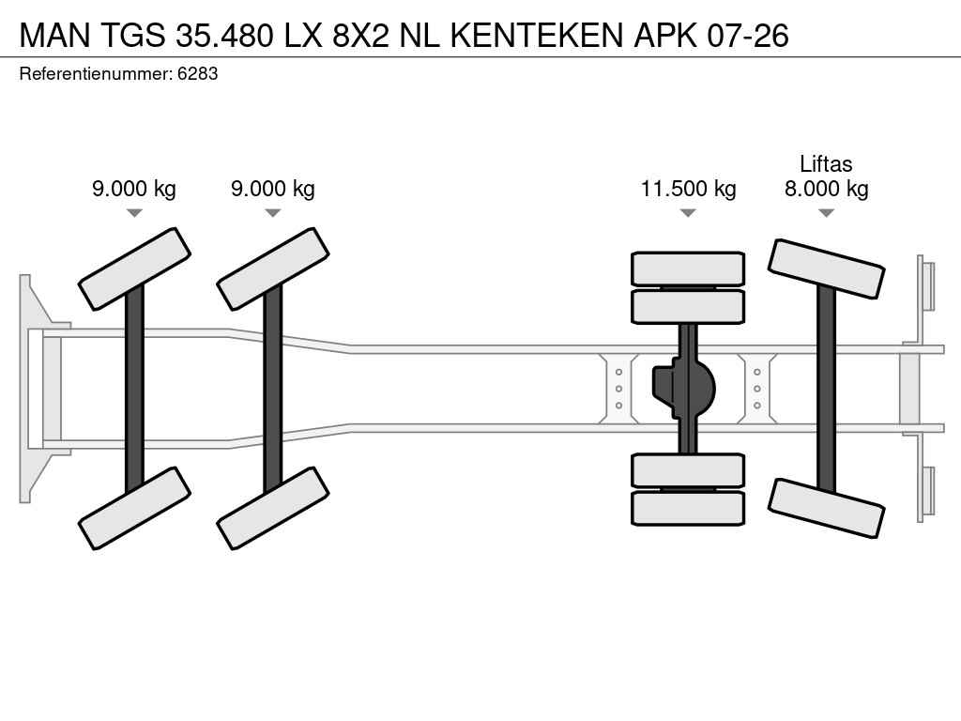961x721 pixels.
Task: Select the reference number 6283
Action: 198,73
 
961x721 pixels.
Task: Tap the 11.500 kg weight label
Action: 688,189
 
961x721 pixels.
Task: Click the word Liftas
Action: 826,164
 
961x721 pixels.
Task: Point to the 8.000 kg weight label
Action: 826,189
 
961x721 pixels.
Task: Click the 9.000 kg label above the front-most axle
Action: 134,189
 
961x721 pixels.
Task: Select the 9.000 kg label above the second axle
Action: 273,189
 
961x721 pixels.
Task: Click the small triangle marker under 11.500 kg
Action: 688,213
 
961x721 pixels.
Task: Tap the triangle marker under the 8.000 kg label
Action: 826,213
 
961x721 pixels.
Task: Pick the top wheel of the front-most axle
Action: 134,268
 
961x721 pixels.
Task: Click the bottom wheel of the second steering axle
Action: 273,508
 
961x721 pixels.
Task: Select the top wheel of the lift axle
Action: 826,268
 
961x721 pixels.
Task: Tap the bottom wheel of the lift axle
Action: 826,508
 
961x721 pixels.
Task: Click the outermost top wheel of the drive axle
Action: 688,268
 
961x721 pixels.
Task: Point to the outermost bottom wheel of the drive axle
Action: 688,508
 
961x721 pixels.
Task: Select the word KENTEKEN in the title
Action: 535,35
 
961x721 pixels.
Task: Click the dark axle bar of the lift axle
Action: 826,388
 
